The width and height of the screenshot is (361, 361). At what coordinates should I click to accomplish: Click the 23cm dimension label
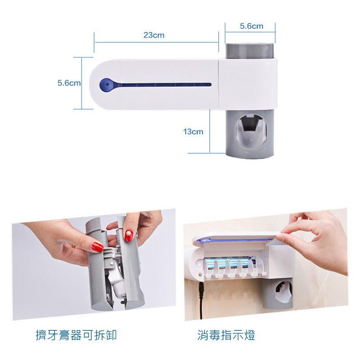[154, 35]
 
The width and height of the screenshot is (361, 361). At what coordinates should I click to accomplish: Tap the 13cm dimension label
[193, 132]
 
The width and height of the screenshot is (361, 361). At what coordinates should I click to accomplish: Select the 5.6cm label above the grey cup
[251, 26]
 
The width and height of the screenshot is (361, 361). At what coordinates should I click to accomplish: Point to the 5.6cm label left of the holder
[69, 83]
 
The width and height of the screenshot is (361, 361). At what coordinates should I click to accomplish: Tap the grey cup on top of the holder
[250, 51]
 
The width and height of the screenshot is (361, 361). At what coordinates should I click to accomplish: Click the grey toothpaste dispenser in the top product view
[250, 134]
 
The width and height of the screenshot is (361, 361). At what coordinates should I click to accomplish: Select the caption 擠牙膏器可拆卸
[76, 335]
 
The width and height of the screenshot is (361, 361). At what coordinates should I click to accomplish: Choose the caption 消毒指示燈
[226, 335]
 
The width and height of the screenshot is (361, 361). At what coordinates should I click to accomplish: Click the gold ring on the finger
[74, 246]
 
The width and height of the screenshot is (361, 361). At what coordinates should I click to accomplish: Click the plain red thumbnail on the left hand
[97, 247]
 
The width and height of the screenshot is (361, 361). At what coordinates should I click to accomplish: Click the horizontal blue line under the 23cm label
[156, 42]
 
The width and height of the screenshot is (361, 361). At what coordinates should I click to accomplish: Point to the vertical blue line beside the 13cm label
[210, 131]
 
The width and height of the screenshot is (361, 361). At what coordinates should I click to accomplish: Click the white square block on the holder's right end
[247, 84]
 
